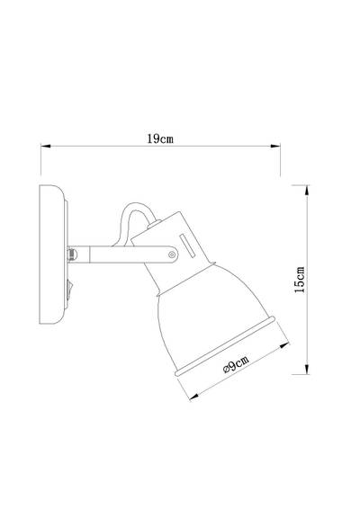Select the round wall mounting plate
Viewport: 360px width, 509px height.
coord(51,257)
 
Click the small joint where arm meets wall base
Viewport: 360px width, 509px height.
coord(71,255)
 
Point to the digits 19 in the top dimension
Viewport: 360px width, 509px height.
coord(152,139)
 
